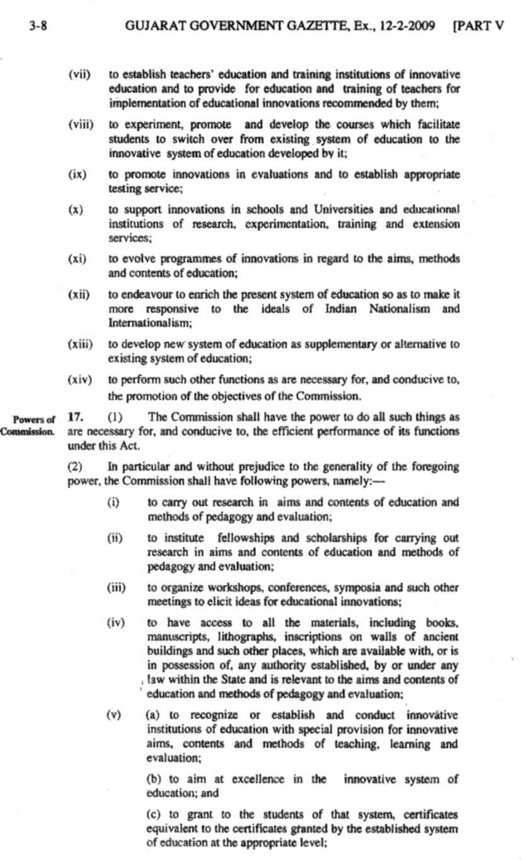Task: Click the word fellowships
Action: [245, 538]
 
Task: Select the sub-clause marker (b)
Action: [154, 779]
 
